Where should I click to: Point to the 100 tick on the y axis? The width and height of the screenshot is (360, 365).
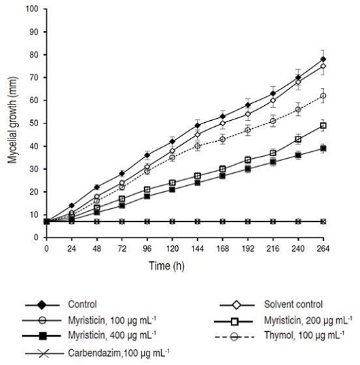35,9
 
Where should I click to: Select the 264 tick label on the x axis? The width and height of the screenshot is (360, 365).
323,249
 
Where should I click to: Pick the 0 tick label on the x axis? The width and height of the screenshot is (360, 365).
46,249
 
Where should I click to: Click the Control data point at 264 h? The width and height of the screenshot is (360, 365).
323,59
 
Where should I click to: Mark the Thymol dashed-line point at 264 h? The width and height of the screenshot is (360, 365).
323,96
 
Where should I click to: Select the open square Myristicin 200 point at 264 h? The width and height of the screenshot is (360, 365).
323,126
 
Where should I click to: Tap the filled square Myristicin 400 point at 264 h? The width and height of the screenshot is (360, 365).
323,148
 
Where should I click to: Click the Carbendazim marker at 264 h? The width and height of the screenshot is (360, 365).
323,222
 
